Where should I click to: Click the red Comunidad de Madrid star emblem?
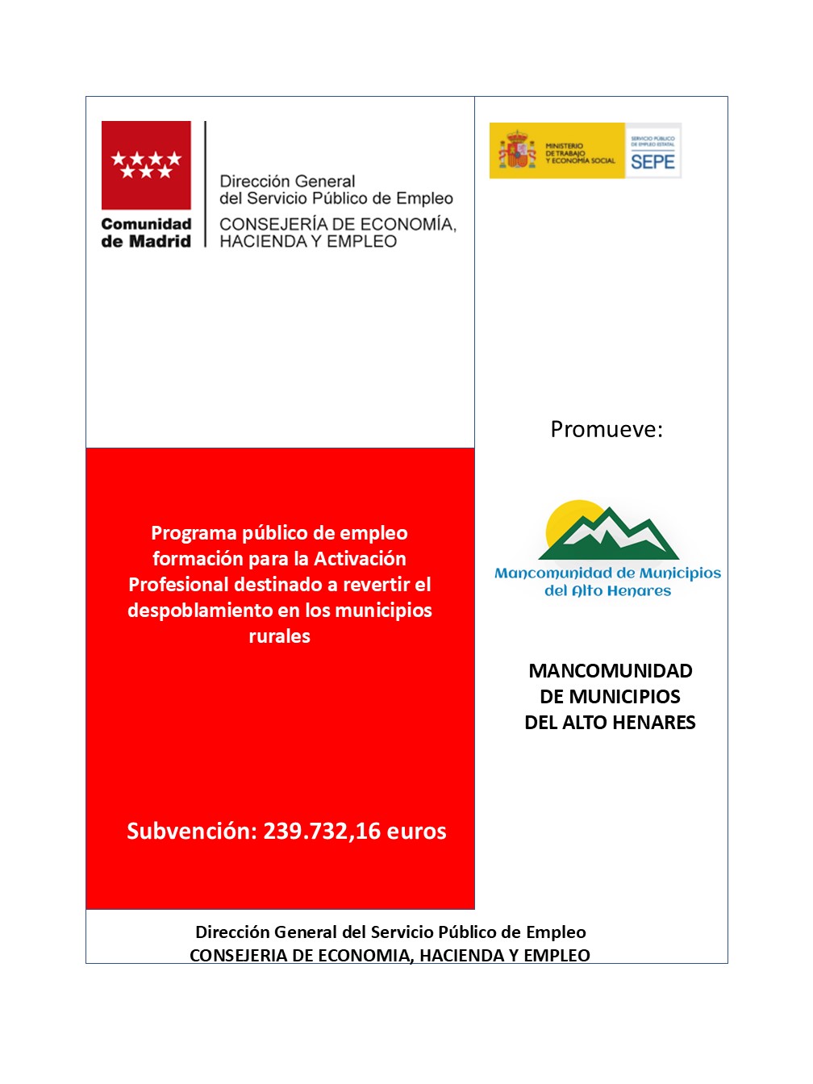146,165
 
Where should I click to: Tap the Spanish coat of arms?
517,151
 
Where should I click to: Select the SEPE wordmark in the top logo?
652,161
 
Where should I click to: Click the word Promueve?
607,429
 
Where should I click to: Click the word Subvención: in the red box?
191,831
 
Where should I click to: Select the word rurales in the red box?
279,636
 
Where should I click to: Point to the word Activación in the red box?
360,558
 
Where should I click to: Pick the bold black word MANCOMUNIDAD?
611,671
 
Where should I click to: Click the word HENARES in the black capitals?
652,723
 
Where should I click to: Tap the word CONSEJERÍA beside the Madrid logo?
269,224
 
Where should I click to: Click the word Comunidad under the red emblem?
146,224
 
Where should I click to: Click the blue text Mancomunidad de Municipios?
607,573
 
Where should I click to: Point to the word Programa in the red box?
194,532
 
